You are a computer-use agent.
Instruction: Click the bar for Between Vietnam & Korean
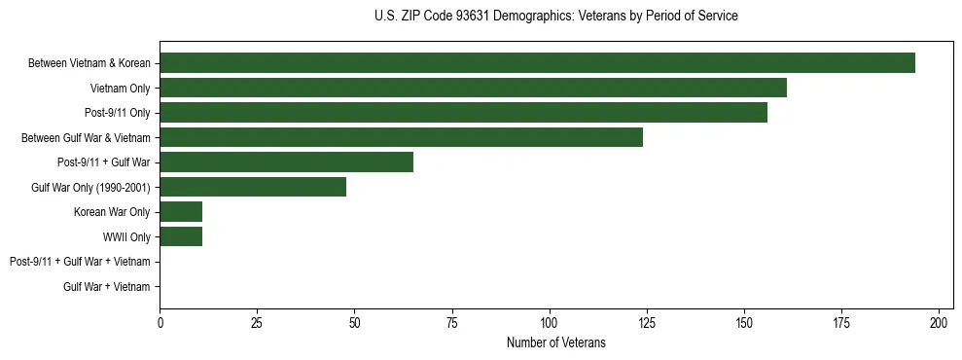click(x=537, y=63)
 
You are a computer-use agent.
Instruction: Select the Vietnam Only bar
click(x=473, y=88)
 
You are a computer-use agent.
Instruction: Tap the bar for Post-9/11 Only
click(x=463, y=113)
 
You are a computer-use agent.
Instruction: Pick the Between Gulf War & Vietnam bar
click(x=401, y=137)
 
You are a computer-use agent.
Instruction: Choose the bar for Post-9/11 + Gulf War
click(x=286, y=162)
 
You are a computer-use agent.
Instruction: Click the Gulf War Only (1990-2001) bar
click(x=253, y=187)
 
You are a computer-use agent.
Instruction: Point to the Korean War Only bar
click(x=181, y=212)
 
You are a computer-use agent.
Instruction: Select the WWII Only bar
click(x=181, y=236)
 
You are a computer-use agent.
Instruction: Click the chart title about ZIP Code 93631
click(x=555, y=17)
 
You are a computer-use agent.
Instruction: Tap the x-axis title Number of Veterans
click(x=555, y=342)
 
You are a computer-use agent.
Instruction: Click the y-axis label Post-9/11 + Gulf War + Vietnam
click(x=80, y=262)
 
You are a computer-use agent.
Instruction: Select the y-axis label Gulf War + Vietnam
click(x=107, y=286)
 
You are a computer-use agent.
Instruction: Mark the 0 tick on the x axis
click(x=160, y=321)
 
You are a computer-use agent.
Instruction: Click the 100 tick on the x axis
click(x=550, y=321)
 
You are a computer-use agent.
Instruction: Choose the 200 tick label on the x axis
click(x=939, y=321)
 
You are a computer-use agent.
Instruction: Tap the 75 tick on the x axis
click(x=452, y=321)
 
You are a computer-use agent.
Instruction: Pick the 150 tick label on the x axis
click(x=744, y=321)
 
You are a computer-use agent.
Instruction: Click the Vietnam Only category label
click(x=120, y=88)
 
